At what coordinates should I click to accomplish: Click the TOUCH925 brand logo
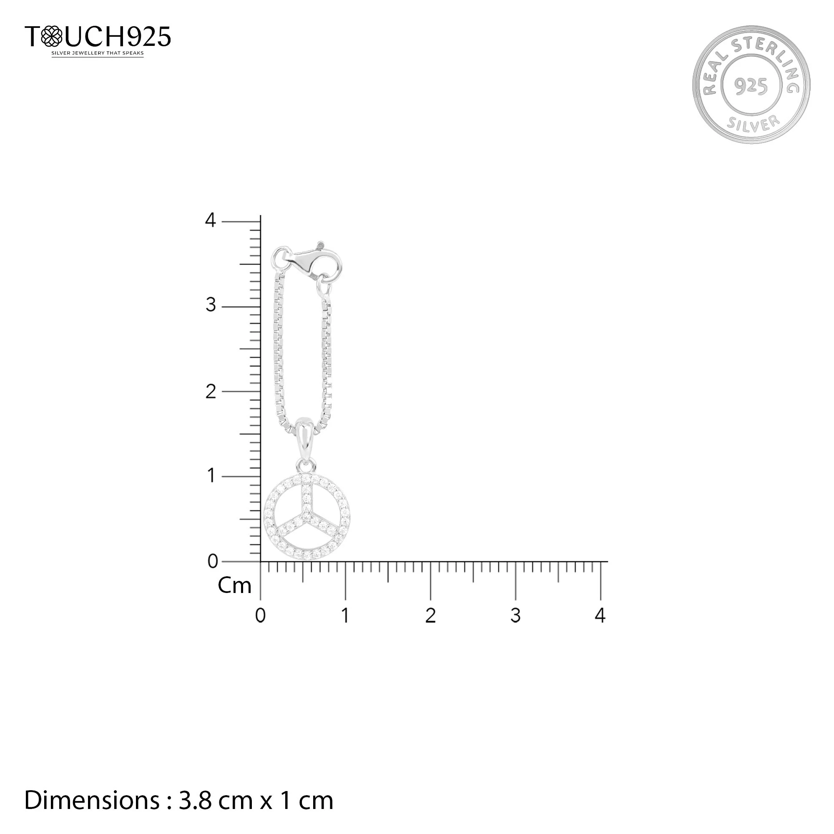(x=98, y=36)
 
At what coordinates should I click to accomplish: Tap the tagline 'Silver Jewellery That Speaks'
(x=98, y=53)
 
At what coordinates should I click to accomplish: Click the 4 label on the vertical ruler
(x=210, y=221)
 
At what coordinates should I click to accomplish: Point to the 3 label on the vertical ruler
(x=211, y=306)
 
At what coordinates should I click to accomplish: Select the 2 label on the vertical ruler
(x=211, y=392)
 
